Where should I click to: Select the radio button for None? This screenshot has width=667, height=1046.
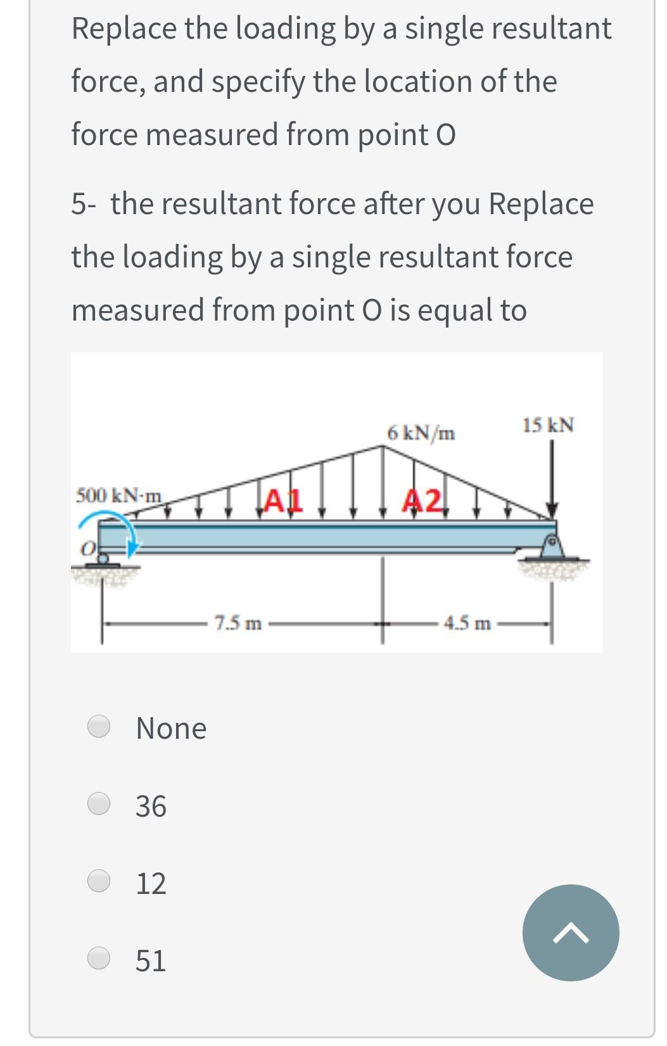(99, 726)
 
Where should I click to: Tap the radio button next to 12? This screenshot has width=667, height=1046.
(99, 881)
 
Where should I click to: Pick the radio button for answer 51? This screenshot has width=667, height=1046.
(99, 958)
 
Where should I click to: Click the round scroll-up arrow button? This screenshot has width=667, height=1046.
(570, 933)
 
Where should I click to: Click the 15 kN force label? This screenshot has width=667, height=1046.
(548, 425)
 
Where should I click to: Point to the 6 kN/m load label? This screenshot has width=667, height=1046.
(421, 433)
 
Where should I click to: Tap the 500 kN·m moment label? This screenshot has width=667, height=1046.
(118, 494)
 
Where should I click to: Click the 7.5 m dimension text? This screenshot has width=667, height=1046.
(238, 623)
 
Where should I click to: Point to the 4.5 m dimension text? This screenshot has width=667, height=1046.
(467, 623)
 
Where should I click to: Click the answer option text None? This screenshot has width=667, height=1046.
(171, 728)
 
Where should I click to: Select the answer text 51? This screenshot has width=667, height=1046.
(151, 960)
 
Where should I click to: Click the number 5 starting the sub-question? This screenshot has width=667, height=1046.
(79, 204)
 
